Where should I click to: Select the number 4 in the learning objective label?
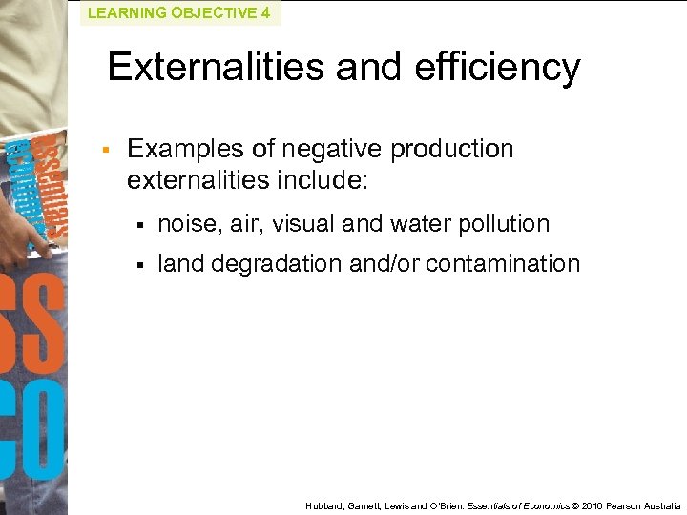coord(265,13)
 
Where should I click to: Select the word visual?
coord(303,224)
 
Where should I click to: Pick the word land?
coord(180,264)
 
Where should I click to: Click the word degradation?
coord(277,264)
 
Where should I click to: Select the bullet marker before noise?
coord(139,225)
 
